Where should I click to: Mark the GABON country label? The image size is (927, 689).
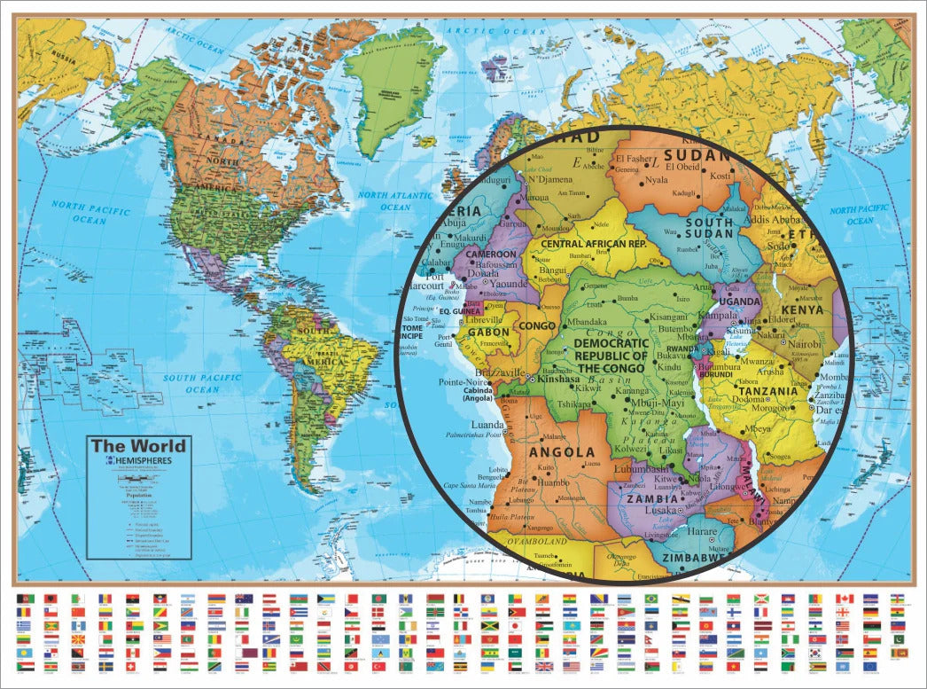click(488, 332)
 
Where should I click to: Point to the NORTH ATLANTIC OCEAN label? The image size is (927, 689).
click(397, 200)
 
